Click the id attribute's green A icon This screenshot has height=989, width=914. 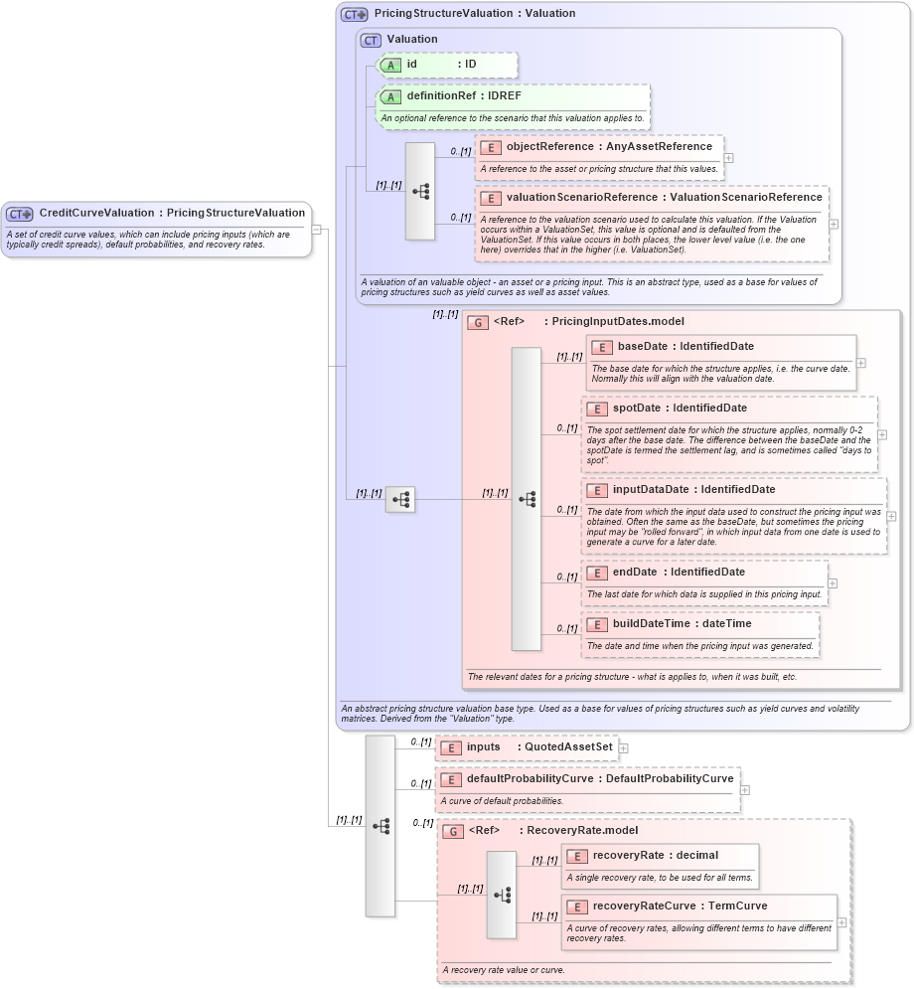[391, 65]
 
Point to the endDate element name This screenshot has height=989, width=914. [635, 573]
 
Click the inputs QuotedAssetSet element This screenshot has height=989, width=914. [527, 747]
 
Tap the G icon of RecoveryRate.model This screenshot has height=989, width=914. [453, 831]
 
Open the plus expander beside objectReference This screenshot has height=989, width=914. [729, 157]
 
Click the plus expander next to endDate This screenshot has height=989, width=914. [833, 583]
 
